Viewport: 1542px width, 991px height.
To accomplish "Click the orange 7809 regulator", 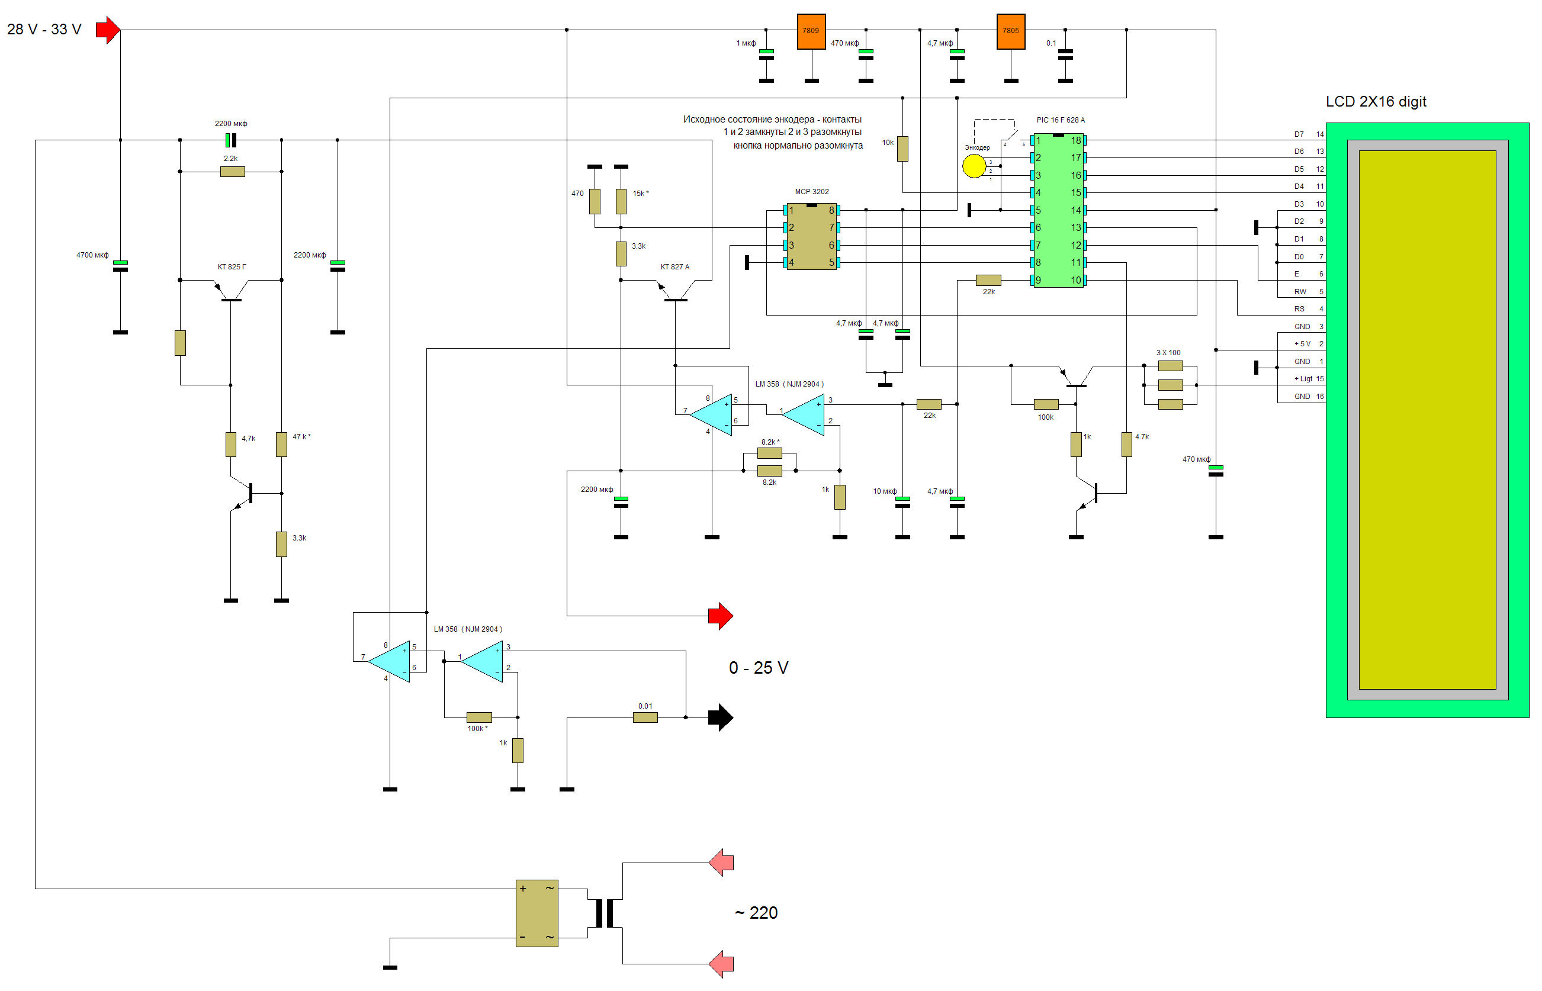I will (811, 31).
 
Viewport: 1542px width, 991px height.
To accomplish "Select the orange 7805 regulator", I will (1010, 31).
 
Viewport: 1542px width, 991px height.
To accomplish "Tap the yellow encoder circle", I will (974, 166).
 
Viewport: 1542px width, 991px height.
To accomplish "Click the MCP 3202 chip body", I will (811, 237).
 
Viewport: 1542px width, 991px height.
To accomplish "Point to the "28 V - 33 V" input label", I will (44, 30).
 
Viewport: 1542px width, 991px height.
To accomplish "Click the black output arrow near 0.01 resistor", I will (720, 717).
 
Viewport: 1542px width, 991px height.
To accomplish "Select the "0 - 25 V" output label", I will (758, 668).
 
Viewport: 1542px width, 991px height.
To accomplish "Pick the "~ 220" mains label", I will (756, 912).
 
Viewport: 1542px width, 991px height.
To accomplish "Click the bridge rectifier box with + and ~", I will (537, 913).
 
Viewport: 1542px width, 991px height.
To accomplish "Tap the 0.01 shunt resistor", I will (645, 717).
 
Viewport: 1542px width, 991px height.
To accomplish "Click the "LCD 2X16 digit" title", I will (1376, 102).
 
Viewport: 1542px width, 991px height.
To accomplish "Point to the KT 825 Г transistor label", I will (232, 267).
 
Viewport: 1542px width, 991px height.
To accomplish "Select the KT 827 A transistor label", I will (674, 267).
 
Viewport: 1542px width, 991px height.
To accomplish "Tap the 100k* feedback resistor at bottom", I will (479, 717).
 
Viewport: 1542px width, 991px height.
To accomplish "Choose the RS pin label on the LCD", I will (1299, 309).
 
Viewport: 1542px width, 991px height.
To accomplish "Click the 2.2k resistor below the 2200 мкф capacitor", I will (232, 172).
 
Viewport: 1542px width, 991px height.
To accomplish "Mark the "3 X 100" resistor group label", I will (1168, 353).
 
